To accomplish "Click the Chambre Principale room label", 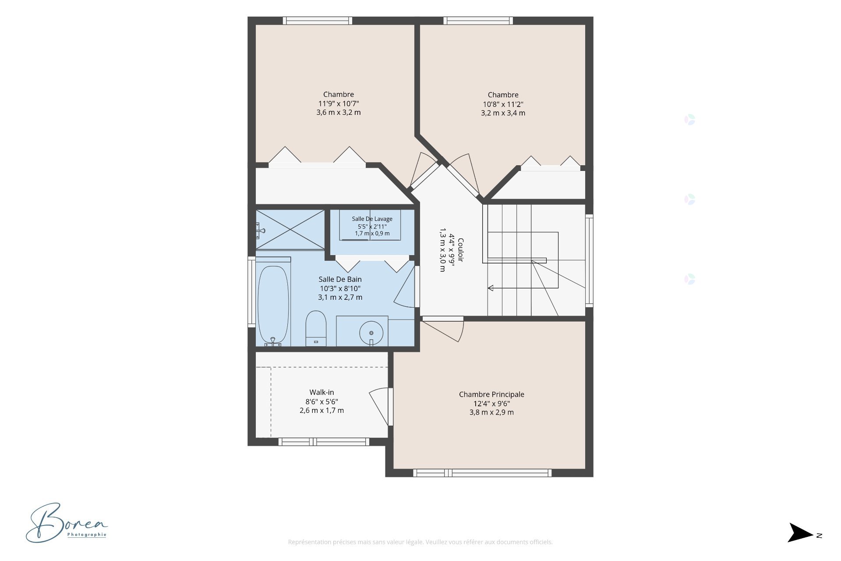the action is pos(491,394).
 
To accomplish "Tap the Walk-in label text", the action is pos(322,392).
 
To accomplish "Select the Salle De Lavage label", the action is pos(372,219).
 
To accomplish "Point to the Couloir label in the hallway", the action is pos(460,250).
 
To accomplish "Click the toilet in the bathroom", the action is pos(316,328).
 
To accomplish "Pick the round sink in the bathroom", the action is pos(371,333).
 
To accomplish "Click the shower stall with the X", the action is pos(290,230).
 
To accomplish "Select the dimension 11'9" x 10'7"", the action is pos(339,103).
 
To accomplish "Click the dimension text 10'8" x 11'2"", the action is pos(503,104).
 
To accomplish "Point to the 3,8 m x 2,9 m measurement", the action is pos(491,412).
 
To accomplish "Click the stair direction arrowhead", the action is pos(491,288).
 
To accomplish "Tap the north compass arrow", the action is pos(801,533).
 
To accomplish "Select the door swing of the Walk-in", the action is pos(379,406).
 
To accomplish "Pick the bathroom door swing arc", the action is pos(404,287).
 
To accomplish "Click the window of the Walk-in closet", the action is pos(324,442).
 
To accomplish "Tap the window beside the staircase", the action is pos(590,260).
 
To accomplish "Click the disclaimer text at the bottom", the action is pos(420,542).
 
